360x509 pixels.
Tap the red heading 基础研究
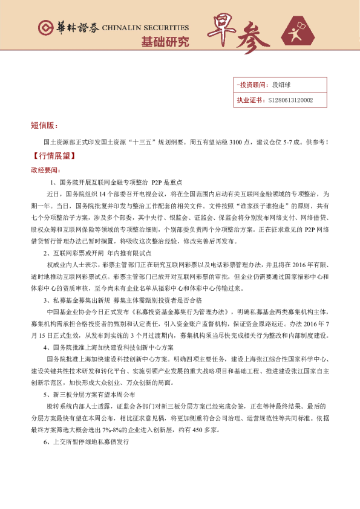165,42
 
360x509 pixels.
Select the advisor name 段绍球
283,86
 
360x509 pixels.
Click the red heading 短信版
45,125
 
